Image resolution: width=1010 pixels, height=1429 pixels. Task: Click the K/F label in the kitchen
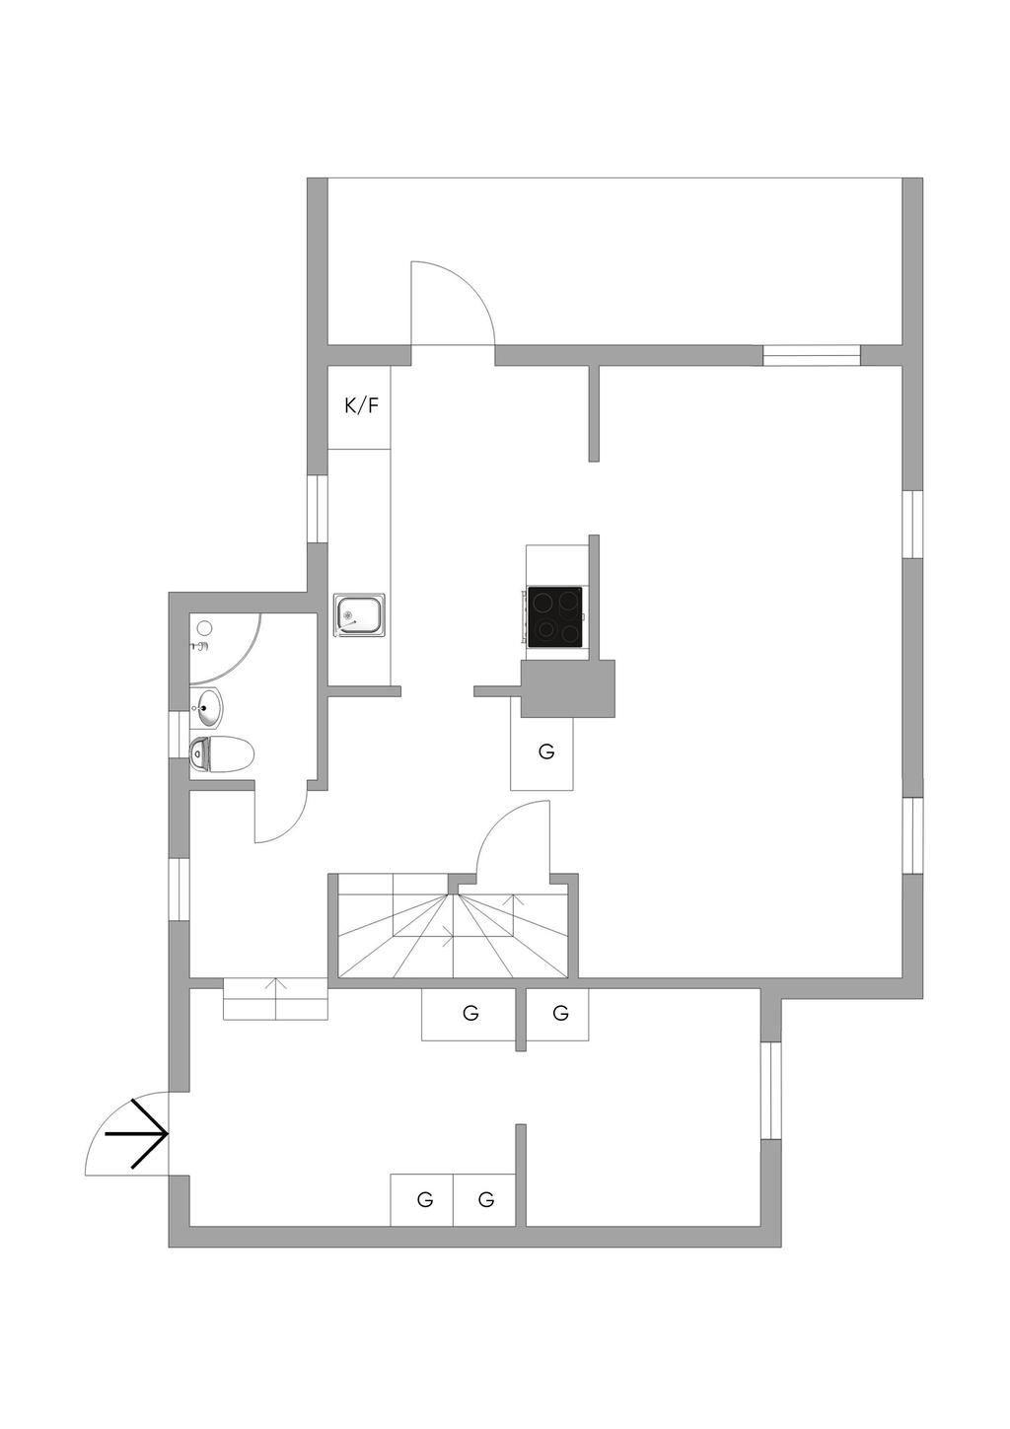(x=360, y=405)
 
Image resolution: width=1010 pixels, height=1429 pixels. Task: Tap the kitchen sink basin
(x=359, y=614)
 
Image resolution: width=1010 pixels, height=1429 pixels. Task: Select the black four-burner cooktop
(x=555, y=617)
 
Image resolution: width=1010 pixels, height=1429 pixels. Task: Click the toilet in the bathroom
(x=222, y=754)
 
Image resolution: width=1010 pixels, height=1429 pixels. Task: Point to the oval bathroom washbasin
(x=209, y=706)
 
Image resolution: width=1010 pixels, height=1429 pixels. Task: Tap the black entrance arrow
(x=139, y=1134)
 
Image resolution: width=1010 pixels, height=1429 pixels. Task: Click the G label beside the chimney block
(x=546, y=751)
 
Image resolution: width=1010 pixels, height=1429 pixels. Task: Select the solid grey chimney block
(x=568, y=687)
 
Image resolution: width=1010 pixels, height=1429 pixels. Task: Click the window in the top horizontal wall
(x=812, y=355)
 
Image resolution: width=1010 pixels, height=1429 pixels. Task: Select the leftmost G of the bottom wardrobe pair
(x=425, y=1200)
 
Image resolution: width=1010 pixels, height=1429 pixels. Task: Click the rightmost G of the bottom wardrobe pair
(x=485, y=1200)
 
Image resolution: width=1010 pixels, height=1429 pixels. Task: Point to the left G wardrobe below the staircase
(x=470, y=1013)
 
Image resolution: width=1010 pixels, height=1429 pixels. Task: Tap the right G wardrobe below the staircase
(x=560, y=1013)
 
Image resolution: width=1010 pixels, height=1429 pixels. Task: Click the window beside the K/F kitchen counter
(x=318, y=509)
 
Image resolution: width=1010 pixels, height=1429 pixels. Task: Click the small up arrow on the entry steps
(x=275, y=984)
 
